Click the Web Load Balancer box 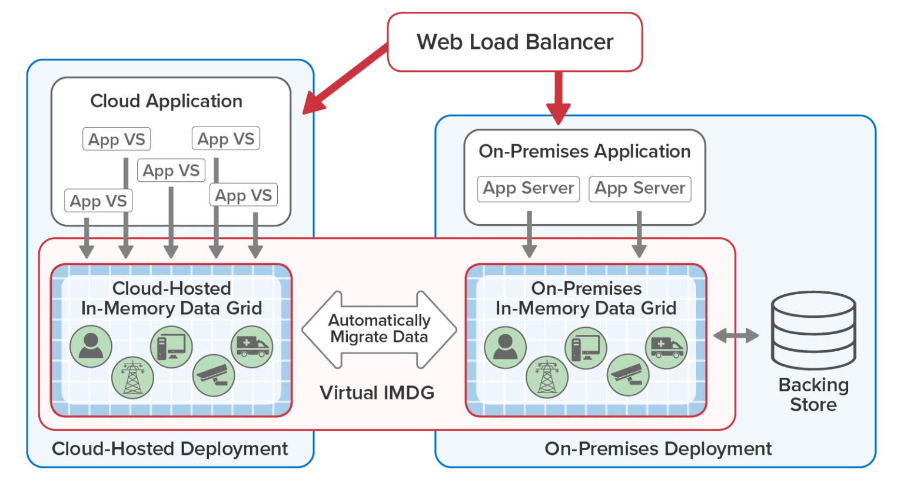pyautogui.click(x=514, y=42)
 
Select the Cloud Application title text pyautogui.click(x=166, y=101)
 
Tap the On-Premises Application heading pyautogui.click(x=584, y=151)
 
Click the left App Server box pyautogui.click(x=528, y=189)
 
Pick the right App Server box pyautogui.click(x=640, y=189)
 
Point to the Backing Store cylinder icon pyautogui.click(x=813, y=330)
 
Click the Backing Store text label pyautogui.click(x=813, y=395)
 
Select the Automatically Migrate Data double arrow pyautogui.click(x=379, y=329)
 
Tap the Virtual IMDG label pyautogui.click(x=377, y=392)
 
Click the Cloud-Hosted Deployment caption pyautogui.click(x=169, y=449)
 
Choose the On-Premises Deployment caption pyautogui.click(x=657, y=449)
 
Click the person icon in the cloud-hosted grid pyautogui.click(x=91, y=347)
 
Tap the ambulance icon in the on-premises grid pyautogui.click(x=666, y=347)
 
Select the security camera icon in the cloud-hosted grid pyautogui.click(x=214, y=375)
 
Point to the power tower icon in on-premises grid pyautogui.click(x=547, y=377)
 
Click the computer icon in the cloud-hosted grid pyautogui.click(x=171, y=347)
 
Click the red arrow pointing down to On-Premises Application pyautogui.click(x=558, y=98)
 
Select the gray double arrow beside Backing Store pyautogui.click(x=736, y=335)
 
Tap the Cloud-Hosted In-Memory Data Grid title pyautogui.click(x=171, y=298)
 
